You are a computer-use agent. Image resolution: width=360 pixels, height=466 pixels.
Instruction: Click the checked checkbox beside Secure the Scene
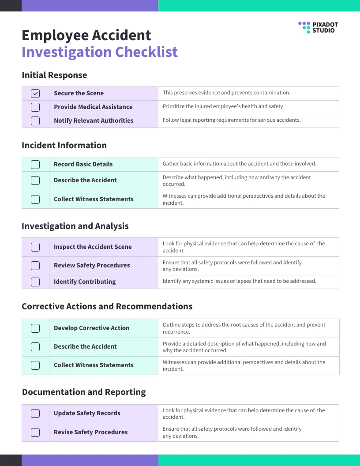click(x=35, y=94)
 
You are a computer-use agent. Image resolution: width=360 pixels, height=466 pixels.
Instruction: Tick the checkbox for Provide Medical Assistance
click(x=35, y=107)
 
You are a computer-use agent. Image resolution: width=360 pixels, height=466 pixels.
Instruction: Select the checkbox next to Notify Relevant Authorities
click(x=35, y=121)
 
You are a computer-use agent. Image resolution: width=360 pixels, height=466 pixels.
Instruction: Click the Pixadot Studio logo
click(x=318, y=27)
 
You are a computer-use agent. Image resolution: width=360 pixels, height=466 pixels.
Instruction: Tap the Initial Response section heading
click(x=54, y=75)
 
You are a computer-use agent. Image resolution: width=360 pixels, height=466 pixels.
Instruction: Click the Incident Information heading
click(x=64, y=145)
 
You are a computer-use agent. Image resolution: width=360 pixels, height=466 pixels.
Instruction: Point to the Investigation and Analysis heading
click(x=75, y=226)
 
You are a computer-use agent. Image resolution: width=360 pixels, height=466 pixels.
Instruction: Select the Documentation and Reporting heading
click(x=84, y=392)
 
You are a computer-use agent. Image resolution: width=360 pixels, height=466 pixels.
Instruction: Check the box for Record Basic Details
click(x=35, y=165)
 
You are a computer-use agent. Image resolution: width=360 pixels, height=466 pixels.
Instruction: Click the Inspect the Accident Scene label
click(x=93, y=247)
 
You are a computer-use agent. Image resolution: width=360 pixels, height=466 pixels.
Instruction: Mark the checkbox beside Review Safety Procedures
click(x=35, y=266)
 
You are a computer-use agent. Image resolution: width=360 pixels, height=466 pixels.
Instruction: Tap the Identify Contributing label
click(x=85, y=282)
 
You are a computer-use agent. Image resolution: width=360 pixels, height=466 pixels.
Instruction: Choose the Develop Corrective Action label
click(x=91, y=328)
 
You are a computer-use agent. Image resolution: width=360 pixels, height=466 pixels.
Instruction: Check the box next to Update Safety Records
click(x=35, y=413)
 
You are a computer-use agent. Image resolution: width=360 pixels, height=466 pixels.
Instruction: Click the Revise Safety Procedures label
click(x=90, y=432)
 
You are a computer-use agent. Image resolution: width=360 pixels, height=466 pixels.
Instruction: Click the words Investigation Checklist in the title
click(x=100, y=52)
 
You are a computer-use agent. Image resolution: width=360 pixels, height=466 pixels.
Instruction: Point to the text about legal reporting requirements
click(x=232, y=120)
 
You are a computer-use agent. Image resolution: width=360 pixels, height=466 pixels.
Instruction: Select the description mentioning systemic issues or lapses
click(x=239, y=281)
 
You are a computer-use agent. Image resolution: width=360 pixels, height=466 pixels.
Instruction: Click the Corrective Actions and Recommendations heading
click(x=107, y=306)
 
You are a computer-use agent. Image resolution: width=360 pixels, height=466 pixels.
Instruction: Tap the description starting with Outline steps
click(x=244, y=328)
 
